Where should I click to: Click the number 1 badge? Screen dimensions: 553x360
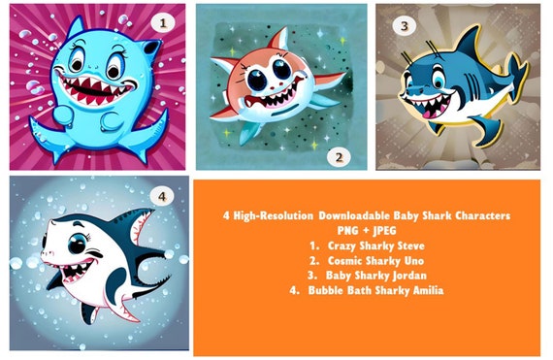pos(163,23)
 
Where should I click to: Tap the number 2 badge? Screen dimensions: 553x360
pos(339,157)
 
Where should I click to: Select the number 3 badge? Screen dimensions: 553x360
pos(405,26)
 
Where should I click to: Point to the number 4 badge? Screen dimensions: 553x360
pos(162,196)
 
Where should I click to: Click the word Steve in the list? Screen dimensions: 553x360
pos(411,245)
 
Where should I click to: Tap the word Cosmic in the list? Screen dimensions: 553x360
pos(345,261)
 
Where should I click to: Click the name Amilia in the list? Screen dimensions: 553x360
pos(428,290)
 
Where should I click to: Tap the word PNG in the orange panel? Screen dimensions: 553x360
pos(347,231)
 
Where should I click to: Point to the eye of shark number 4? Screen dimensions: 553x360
pos(77,244)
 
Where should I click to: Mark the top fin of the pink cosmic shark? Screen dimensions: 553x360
pos(279,39)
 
